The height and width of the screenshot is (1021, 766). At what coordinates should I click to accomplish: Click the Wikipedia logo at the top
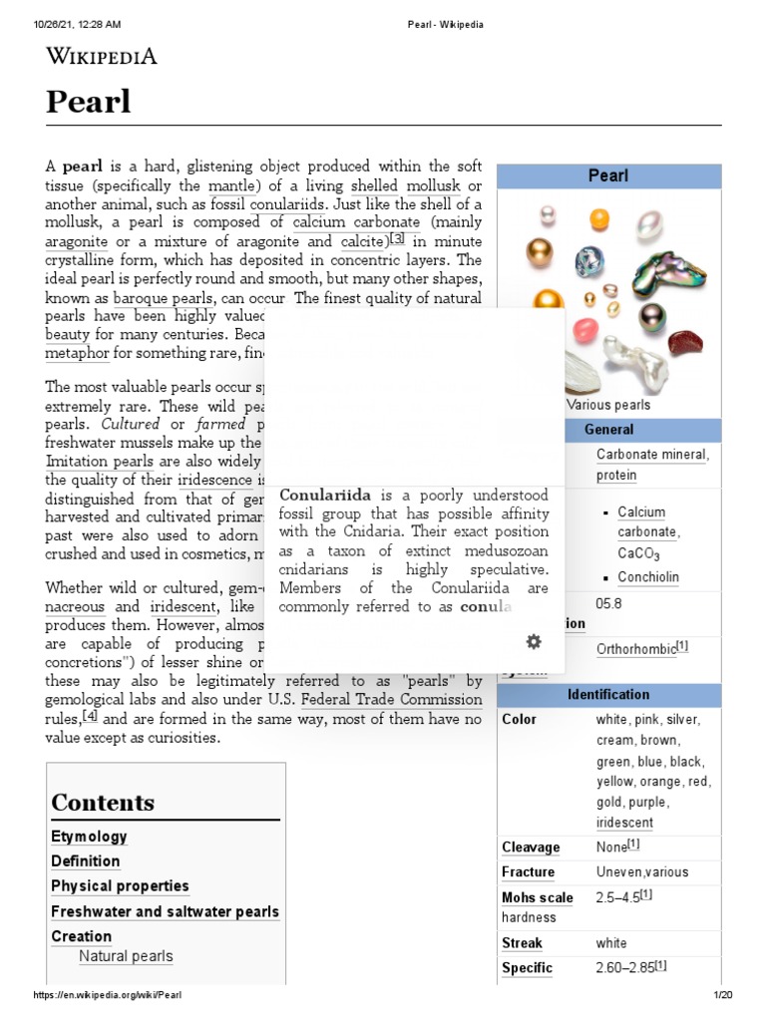click(x=102, y=57)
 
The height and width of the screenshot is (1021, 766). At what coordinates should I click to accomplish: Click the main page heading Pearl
click(x=89, y=101)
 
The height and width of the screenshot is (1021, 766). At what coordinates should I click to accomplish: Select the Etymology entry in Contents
click(x=89, y=837)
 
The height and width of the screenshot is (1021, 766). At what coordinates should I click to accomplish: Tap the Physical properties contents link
click(x=120, y=885)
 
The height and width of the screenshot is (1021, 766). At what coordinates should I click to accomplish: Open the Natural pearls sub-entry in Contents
click(x=126, y=956)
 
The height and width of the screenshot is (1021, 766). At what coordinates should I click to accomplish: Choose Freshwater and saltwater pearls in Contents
click(x=165, y=911)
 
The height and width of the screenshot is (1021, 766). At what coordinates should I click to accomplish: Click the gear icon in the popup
click(x=534, y=641)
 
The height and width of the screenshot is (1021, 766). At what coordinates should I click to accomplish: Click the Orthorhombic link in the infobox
click(x=635, y=649)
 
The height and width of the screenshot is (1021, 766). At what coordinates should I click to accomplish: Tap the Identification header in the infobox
click(x=608, y=694)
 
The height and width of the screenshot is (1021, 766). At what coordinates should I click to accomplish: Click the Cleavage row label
click(x=531, y=848)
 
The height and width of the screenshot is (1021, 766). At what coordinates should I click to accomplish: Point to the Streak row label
click(x=522, y=943)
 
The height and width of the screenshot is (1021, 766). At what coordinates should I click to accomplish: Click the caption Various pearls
click(x=608, y=405)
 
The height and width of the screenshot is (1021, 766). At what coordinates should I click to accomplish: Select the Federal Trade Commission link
click(x=391, y=699)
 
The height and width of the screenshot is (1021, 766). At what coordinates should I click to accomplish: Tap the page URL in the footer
click(x=108, y=996)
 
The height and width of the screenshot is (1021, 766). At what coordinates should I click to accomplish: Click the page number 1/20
click(x=722, y=996)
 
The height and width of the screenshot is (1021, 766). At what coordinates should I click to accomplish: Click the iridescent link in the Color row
click(x=624, y=823)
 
